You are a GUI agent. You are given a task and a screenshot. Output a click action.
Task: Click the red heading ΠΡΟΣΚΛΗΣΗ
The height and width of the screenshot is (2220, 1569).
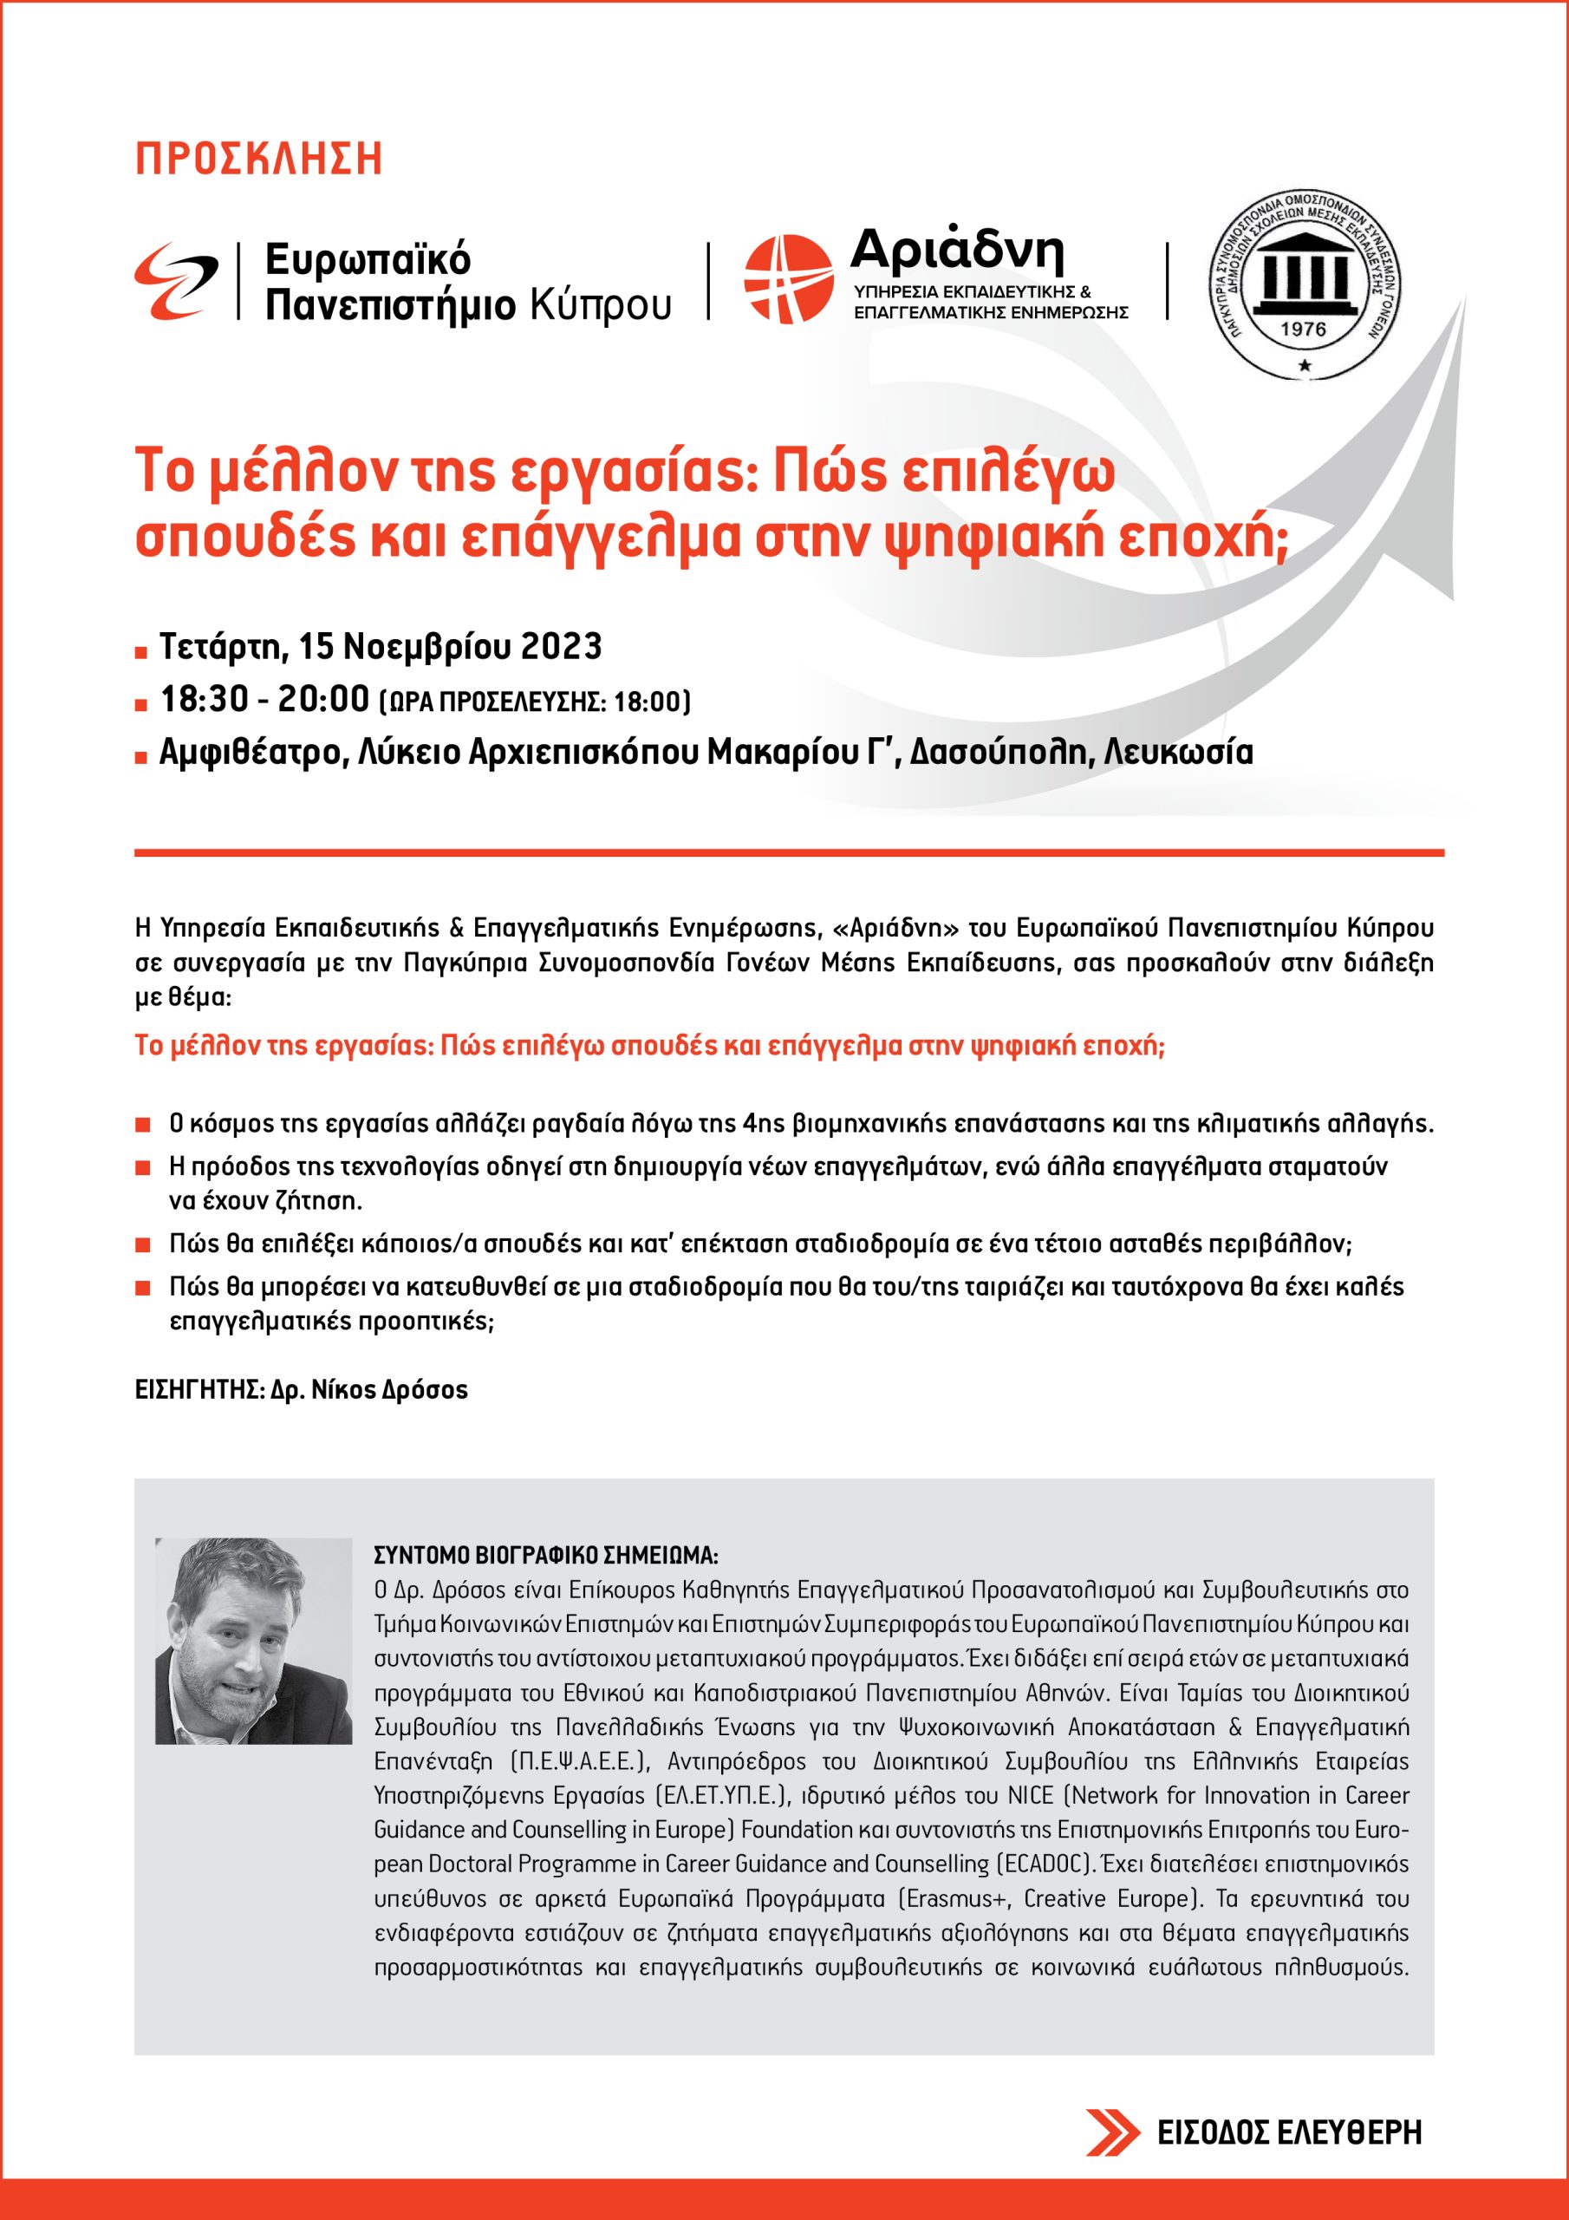point(258,160)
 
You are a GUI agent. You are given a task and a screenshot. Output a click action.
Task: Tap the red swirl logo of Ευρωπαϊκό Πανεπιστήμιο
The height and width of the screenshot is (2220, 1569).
point(177,280)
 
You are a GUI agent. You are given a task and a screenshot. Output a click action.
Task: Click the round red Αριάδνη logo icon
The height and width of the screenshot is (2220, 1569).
point(787,278)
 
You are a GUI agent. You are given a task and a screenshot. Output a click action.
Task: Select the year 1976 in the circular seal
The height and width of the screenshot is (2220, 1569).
point(1302,328)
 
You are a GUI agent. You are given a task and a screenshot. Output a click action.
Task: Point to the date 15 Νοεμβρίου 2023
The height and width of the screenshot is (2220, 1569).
point(451,646)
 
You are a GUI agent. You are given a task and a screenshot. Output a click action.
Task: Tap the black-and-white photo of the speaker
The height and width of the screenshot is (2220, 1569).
point(253,1641)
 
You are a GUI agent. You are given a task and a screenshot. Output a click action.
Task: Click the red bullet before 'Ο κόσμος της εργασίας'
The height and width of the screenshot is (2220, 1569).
point(142,1126)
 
